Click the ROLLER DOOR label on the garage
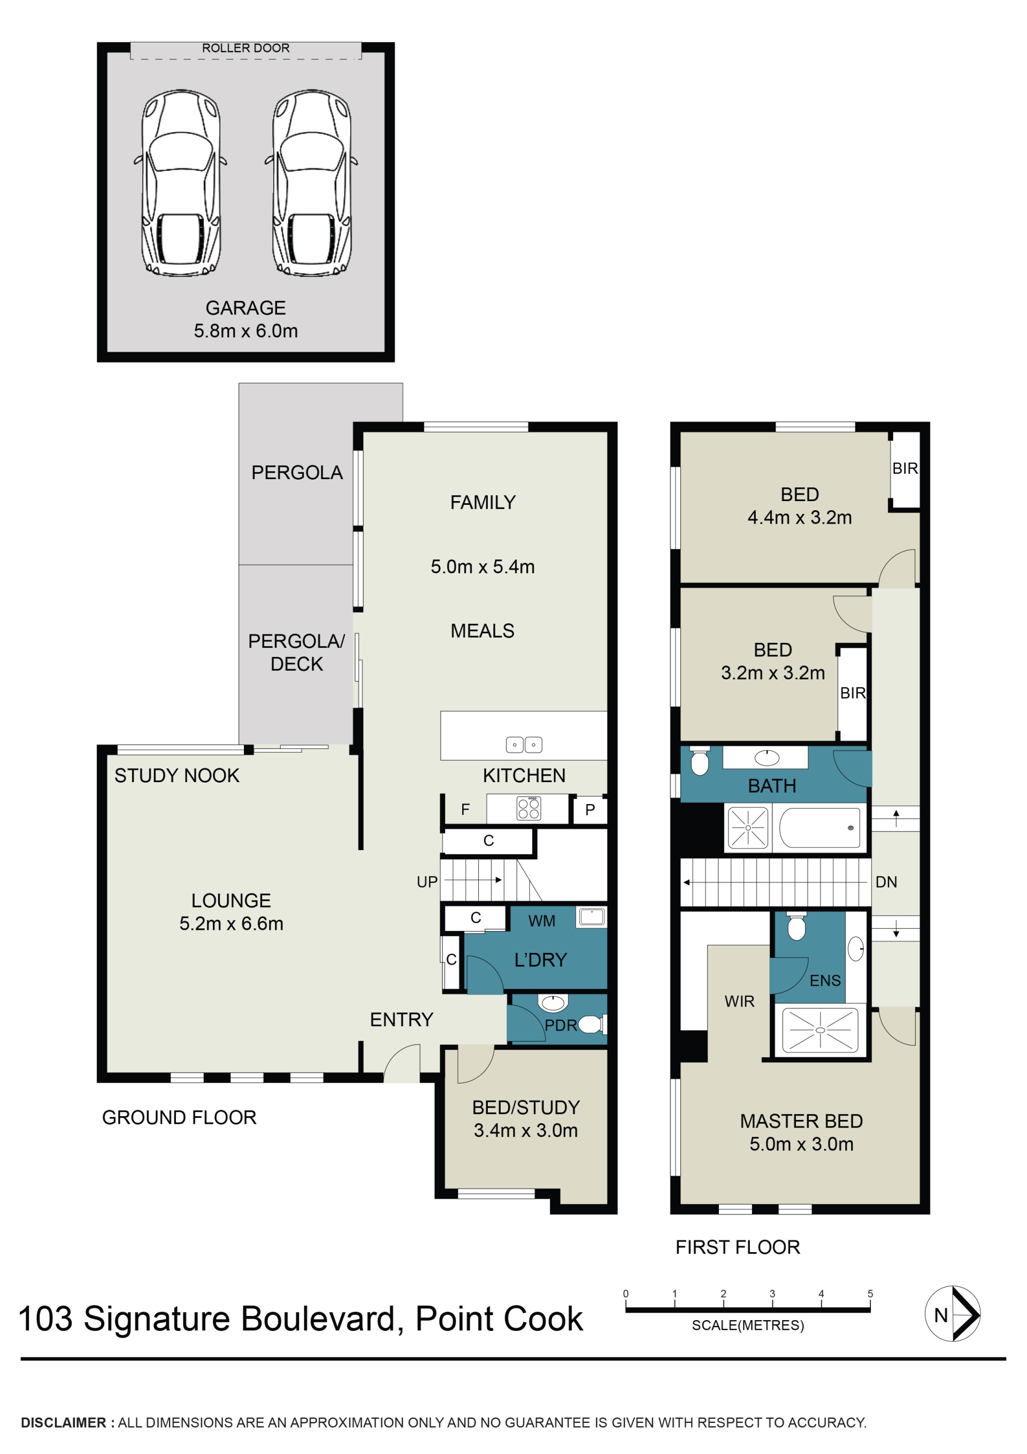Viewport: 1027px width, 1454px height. [246, 48]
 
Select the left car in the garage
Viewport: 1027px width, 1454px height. [181, 183]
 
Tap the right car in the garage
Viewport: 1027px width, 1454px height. [312, 183]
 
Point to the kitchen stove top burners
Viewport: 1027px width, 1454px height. [528, 808]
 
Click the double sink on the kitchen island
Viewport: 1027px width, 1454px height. [524, 745]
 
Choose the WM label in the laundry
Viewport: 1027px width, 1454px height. [542, 921]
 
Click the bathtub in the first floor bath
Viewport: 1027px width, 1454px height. [819, 828]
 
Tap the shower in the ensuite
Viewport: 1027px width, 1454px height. [820, 1029]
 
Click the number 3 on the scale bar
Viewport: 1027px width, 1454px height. [772, 1294]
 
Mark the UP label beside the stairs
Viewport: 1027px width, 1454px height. [427, 882]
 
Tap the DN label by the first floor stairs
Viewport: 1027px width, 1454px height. [886, 882]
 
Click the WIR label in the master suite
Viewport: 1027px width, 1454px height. [739, 1001]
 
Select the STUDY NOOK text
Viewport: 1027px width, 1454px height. [177, 775]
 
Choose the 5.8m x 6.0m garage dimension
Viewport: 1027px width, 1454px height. [246, 330]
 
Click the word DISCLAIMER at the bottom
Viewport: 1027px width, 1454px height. [63, 1422]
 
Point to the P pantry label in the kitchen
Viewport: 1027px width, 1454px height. [590, 809]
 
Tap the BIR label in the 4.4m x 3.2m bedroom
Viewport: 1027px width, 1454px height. [905, 468]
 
